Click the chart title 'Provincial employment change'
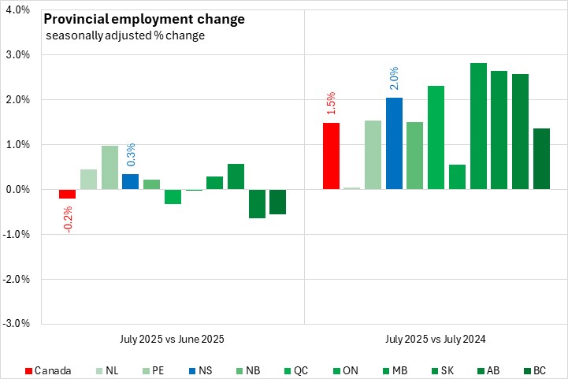143,19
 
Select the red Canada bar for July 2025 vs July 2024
331,156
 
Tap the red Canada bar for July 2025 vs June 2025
68,194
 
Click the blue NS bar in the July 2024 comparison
394,143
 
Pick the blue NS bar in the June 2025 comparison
131,182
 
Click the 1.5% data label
331,102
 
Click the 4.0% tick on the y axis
18,10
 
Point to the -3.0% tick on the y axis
17,323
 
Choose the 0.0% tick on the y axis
18,190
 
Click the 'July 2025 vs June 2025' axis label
173,340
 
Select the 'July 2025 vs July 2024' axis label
436,340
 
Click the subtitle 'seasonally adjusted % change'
125,36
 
